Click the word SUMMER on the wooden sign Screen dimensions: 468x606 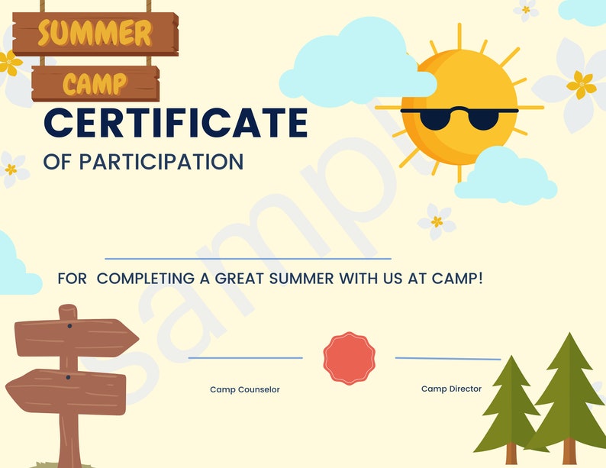coord(95,33)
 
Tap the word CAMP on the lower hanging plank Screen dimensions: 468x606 coord(95,82)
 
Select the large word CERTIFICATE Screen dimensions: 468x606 coord(176,123)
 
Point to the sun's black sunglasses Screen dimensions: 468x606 coord(459,117)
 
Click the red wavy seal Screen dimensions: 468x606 coord(349,358)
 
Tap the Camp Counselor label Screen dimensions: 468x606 coord(245,389)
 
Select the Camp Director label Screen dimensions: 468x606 coord(451,389)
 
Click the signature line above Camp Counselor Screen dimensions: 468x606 coord(245,357)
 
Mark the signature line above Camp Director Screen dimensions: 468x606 coord(448,358)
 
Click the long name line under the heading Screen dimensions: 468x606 coord(247,260)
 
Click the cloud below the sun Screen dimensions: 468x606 coord(505,176)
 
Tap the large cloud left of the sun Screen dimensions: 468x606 coord(353,60)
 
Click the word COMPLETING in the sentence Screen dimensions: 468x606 coord(146,279)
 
